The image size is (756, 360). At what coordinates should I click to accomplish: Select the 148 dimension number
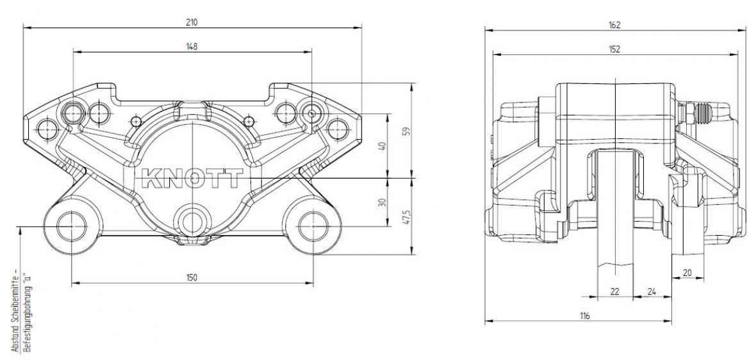192,46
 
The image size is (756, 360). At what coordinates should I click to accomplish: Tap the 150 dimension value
192,277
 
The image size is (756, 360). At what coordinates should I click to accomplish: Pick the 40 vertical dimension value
383,145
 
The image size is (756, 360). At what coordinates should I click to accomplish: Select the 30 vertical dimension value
383,202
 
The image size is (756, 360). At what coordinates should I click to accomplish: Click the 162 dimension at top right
614,25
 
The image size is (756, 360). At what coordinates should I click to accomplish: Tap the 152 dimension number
614,49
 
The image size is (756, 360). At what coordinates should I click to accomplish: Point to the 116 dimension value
584,316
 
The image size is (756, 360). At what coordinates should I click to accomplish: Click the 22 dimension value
614,291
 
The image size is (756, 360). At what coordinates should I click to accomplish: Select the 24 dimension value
652,291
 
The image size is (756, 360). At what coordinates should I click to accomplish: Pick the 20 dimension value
687,273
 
